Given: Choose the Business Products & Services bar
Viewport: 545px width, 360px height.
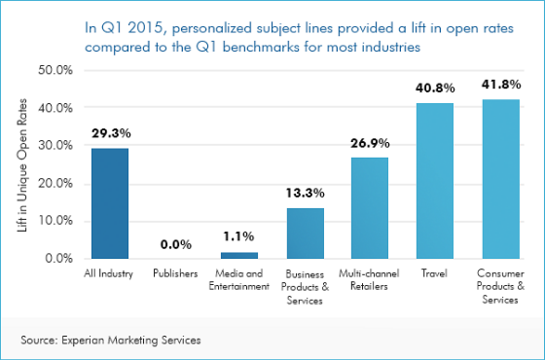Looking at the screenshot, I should [x=305, y=233].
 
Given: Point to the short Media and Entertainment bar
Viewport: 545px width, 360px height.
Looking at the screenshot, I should [x=239, y=255].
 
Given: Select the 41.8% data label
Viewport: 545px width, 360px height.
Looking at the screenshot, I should [x=500, y=85].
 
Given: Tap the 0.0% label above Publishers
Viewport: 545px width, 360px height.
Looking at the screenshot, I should [x=175, y=245].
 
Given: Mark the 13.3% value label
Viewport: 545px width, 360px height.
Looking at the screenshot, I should [x=305, y=195].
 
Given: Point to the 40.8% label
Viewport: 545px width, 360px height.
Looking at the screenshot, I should [x=435, y=89].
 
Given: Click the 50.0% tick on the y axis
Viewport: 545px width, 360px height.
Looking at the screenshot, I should [x=55, y=71].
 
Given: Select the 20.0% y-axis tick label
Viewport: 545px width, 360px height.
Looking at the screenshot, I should [x=55, y=184].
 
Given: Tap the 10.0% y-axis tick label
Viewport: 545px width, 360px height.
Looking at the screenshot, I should [x=55, y=221].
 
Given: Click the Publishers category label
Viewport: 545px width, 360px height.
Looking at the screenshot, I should [x=175, y=273].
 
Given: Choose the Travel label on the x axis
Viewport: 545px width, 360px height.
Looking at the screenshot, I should [x=435, y=273].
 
